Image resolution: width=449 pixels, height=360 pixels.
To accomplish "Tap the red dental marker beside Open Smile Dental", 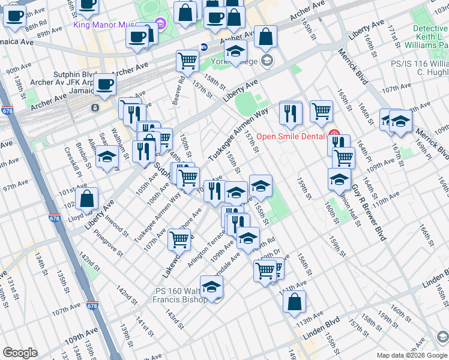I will pos(334,135).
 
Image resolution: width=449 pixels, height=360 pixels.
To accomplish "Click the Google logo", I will pos(20,353).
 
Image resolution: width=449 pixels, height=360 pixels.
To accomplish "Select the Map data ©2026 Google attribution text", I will pos(412,355).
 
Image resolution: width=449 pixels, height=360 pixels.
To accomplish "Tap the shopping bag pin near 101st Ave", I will pos(87,199).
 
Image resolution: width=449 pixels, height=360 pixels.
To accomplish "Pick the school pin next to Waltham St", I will pos(107,158).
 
